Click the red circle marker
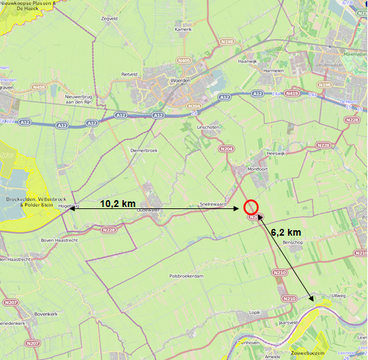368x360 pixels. coord(251,207)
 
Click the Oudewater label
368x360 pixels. coord(148,210)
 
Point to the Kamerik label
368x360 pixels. coord(183,29)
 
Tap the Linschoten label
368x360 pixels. coord(206,127)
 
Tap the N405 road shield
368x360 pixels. coord(183,61)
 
